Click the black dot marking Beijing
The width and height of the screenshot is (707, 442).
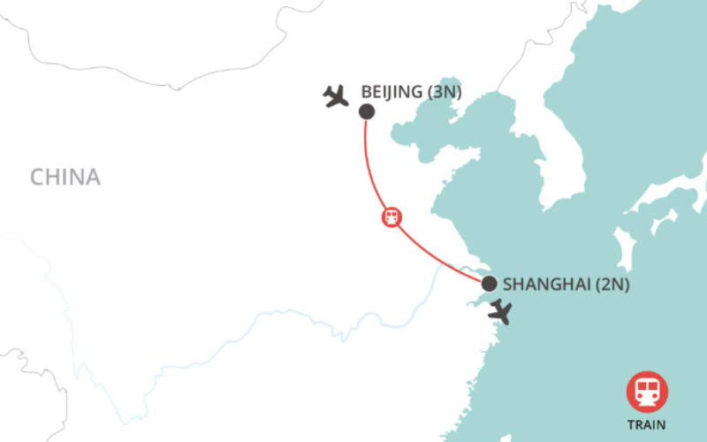point(366,112)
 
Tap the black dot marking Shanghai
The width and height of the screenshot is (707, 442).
point(489,284)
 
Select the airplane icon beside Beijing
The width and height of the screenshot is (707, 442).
point(336,95)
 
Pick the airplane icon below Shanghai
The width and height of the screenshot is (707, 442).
point(501,311)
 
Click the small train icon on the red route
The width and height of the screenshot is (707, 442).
point(391,217)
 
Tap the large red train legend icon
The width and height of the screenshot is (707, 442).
point(647,392)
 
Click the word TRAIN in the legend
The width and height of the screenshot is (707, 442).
point(647,424)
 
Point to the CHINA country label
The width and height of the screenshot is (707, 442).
point(65,177)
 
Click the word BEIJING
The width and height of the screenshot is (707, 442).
point(394,91)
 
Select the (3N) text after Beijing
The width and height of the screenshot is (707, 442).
point(446,91)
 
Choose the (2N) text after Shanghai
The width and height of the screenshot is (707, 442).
point(610,285)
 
